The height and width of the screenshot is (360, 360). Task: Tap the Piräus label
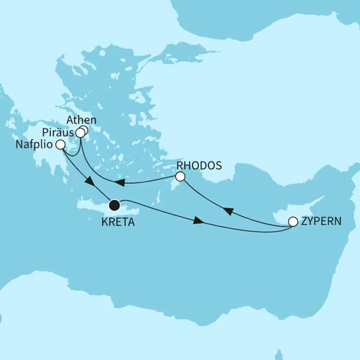[x=58, y=132]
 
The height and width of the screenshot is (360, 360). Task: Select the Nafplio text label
[x=33, y=145]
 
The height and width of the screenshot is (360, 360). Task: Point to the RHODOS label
[x=200, y=166]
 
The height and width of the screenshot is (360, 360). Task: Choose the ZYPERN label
[x=324, y=222]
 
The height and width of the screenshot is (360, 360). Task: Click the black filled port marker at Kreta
[x=114, y=206]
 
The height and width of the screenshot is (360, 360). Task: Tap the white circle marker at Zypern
[x=293, y=223]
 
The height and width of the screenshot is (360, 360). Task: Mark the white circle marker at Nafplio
[x=60, y=145]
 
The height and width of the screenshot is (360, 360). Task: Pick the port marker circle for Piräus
[x=80, y=133]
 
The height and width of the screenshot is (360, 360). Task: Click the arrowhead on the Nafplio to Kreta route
[x=90, y=182]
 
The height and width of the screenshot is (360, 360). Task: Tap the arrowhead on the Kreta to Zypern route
[x=199, y=221]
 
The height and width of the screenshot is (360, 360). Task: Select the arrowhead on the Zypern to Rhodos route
[x=227, y=210]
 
